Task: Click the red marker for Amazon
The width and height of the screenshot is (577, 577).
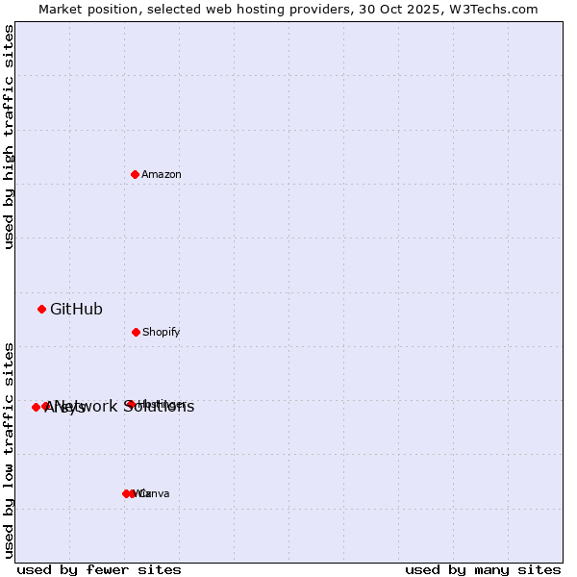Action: click(x=136, y=174)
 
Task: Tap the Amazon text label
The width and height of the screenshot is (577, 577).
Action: click(x=162, y=175)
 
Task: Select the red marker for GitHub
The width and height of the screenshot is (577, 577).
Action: click(x=41, y=309)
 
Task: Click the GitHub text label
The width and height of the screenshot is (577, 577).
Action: click(x=76, y=310)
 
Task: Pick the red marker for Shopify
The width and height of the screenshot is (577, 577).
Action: click(x=136, y=332)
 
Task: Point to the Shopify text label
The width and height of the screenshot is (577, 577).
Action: click(x=162, y=333)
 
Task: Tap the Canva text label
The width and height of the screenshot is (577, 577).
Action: click(x=155, y=494)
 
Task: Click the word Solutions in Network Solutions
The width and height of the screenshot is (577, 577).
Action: click(x=159, y=407)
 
